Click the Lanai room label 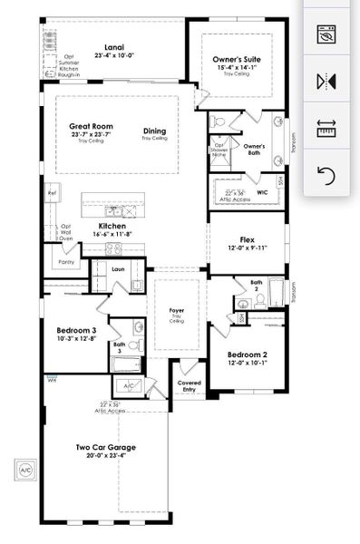(x=114, y=47)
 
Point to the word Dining (x=154, y=131)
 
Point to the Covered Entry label (x=189, y=385)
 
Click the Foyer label (x=177, y=310)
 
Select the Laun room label (x=119, y=269)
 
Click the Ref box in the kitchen (x=52, y=194)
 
